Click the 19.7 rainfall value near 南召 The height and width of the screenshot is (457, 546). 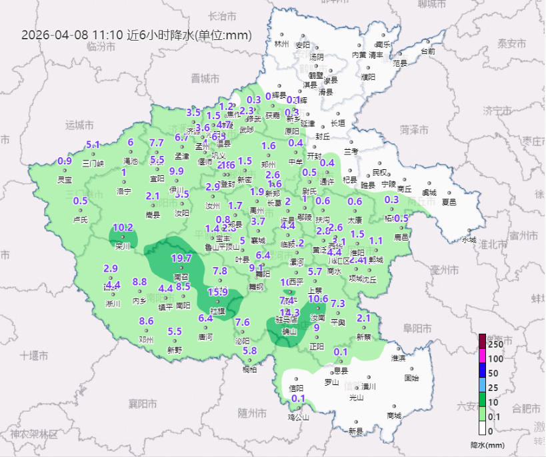pos(181,258)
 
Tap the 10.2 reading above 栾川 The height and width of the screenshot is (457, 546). pos(123,227)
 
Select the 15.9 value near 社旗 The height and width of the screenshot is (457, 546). pos(217,292)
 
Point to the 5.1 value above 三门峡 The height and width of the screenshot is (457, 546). pos(93,145)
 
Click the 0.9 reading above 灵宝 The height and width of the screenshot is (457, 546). pos(65,161)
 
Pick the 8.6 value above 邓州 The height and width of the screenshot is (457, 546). pos(146,321)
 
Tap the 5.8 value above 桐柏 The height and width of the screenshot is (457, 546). pos(250,351)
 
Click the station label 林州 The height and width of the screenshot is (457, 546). pos(282,45)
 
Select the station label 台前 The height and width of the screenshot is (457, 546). pos(428,51)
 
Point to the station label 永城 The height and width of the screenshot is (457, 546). pos(469,240)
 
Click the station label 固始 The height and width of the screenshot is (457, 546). pos(412,378)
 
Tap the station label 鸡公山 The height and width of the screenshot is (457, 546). pos(299,418)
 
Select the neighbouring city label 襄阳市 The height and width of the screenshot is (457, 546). pos(143,404)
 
